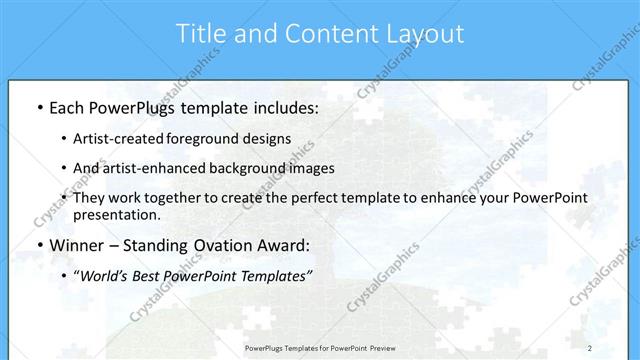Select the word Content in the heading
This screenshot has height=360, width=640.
tap(319, 33)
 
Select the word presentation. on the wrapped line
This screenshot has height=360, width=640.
tap(116, 215)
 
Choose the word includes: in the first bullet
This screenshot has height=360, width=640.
tap(283, 106)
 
